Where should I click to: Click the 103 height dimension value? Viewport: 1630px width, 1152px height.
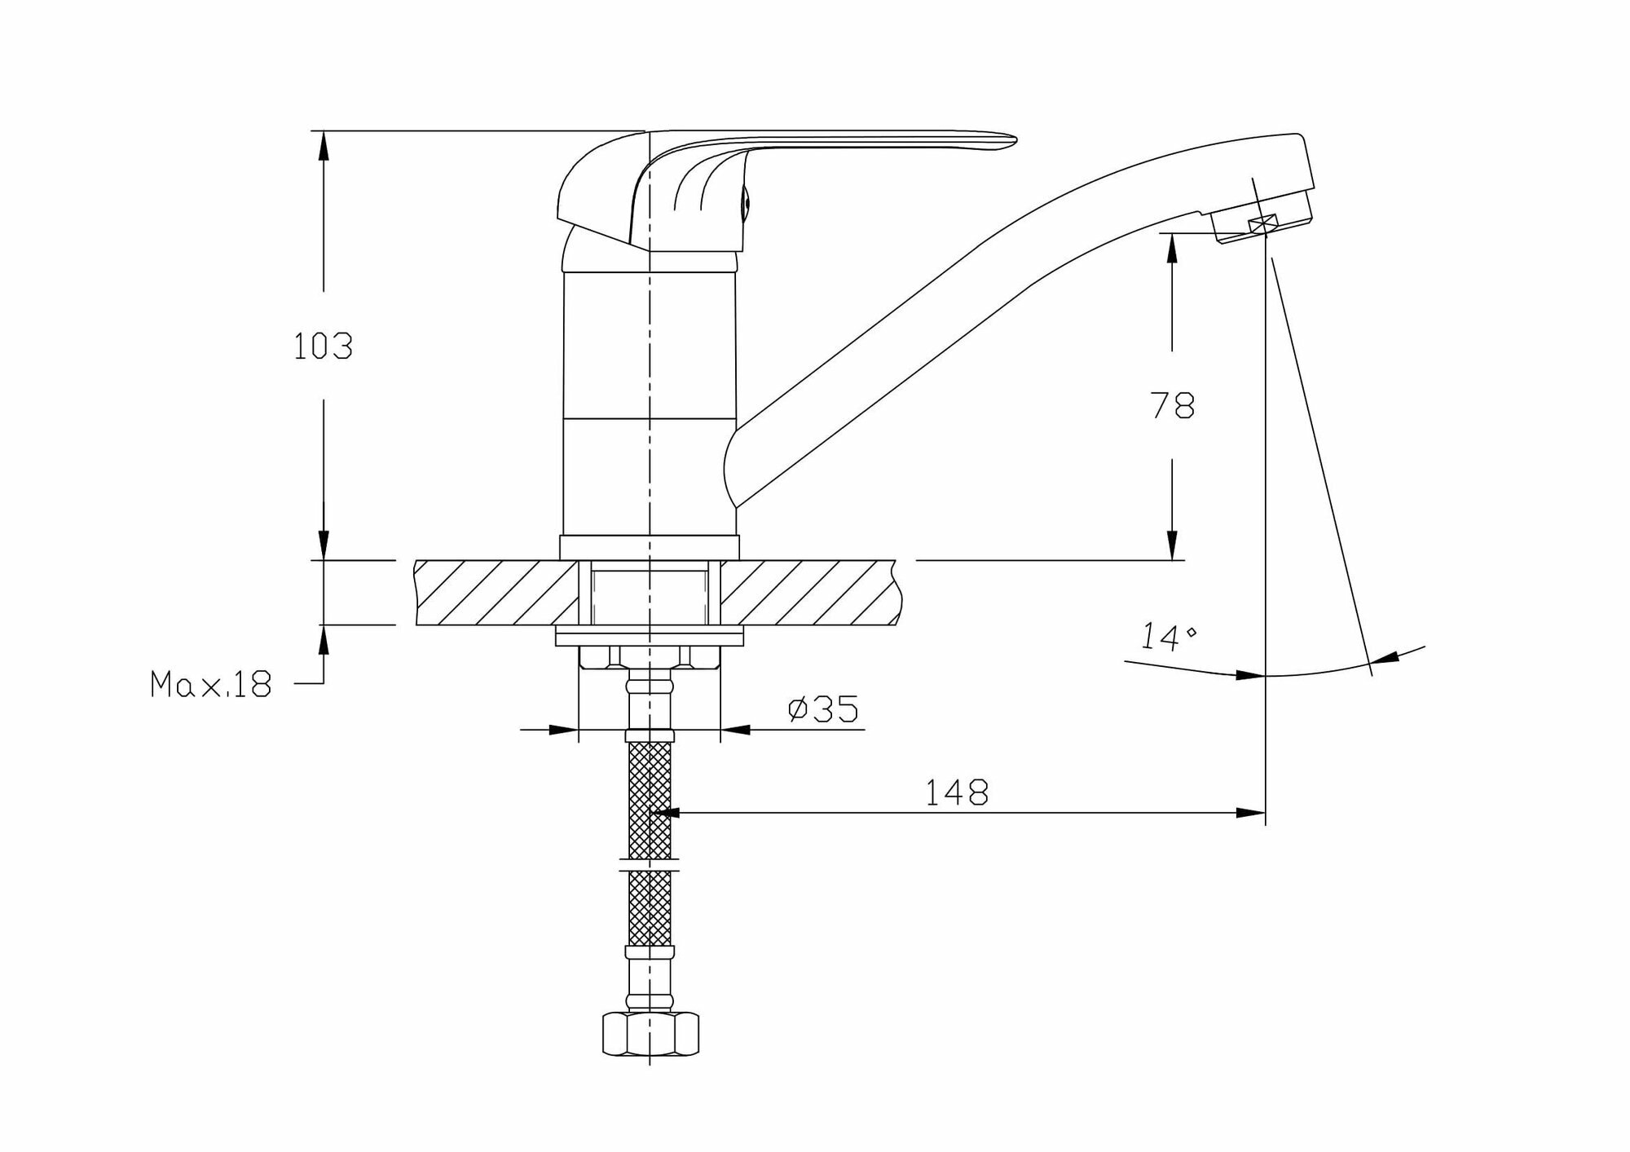point(323,346)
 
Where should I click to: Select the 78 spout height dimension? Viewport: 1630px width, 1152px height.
point(1172,405)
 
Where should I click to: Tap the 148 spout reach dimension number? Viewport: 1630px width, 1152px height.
point(957,792)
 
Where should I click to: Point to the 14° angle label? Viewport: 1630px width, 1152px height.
point(1167,636)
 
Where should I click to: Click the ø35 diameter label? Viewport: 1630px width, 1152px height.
point(823,708)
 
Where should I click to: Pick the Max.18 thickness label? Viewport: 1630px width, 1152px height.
point(210,684)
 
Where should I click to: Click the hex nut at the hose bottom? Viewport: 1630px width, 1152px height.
point(650,1033)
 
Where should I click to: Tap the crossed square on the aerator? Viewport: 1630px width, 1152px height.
point(1262,225)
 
